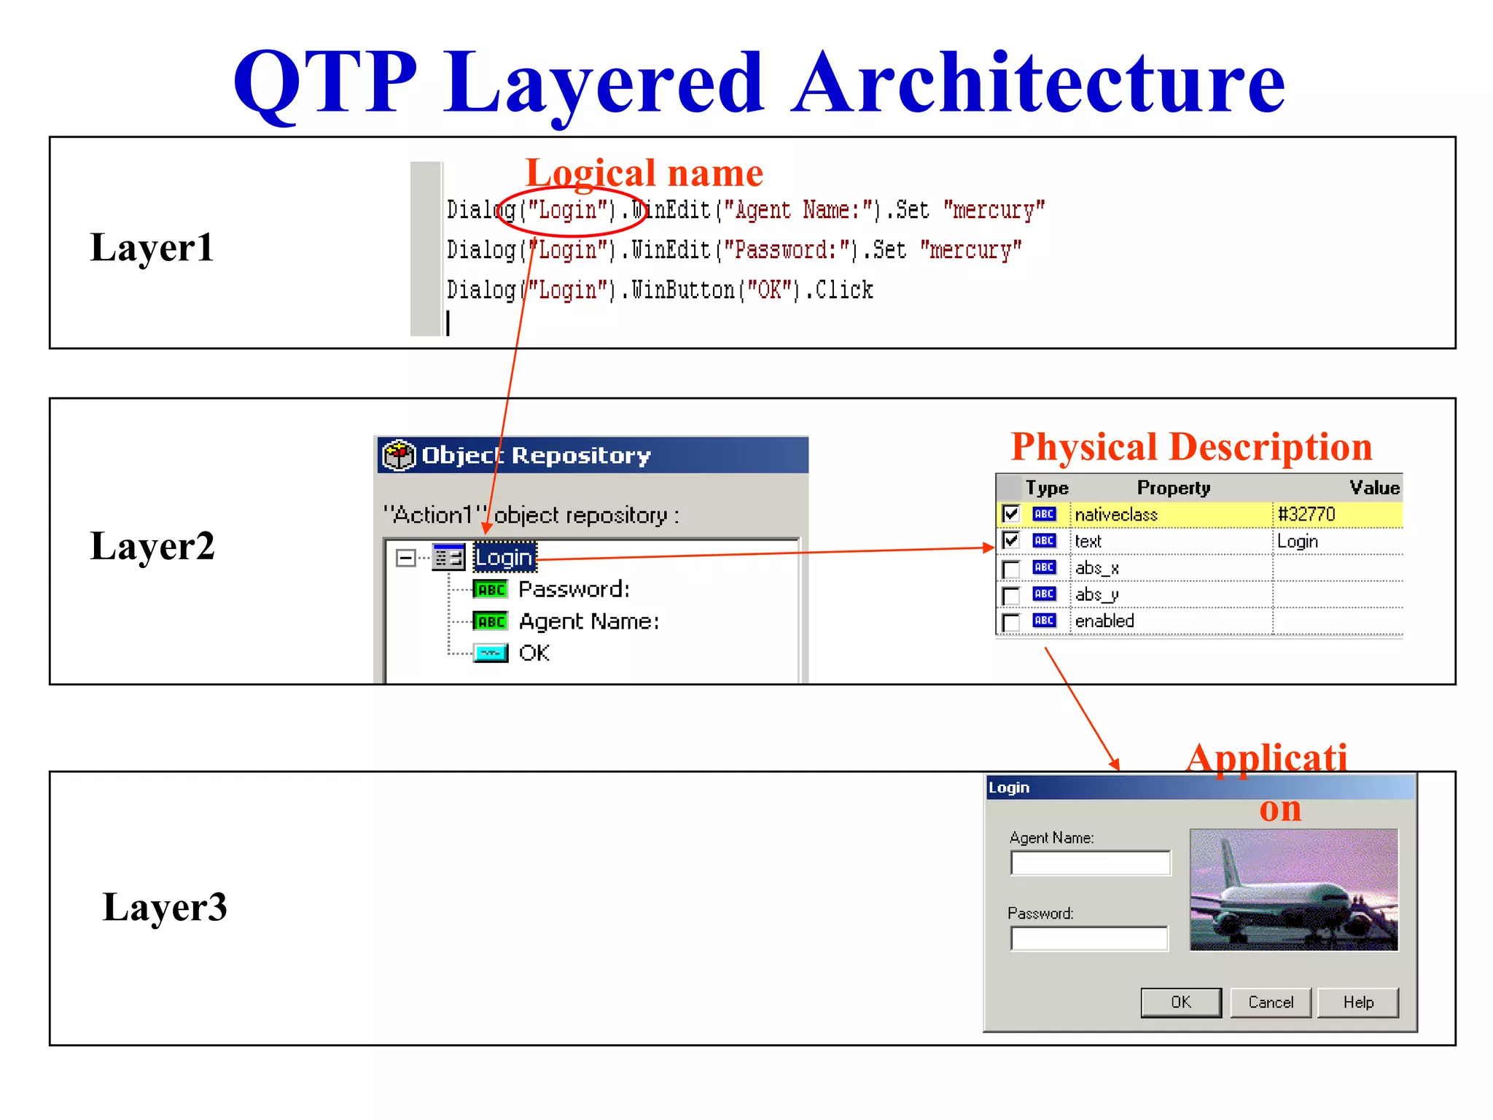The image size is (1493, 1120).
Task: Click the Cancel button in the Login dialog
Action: [1270, 1002]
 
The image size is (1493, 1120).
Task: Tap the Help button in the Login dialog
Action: [1358, 1002]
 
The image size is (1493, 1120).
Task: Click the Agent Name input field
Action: [1090, 863]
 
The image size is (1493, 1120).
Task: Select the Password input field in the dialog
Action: [1089, 938]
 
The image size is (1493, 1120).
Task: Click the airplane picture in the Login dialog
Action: [1294, 890]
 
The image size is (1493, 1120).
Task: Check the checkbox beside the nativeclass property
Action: [1011, 514]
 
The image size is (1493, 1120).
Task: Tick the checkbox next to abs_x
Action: [1011, 568]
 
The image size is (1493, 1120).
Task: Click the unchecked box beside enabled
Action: [1011, 621]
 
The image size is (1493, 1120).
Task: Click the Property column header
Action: [1173, 488]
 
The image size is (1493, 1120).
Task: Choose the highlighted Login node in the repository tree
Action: [504, 558]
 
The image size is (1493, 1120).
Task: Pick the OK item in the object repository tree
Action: [534, 653]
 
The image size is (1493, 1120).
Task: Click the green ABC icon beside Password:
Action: [491, 589]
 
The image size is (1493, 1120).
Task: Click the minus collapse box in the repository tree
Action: [405, 559]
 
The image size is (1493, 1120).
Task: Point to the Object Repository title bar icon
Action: [399, 455]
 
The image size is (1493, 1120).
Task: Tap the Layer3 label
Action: [165, 907]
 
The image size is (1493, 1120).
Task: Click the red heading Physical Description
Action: [1191, 447]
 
